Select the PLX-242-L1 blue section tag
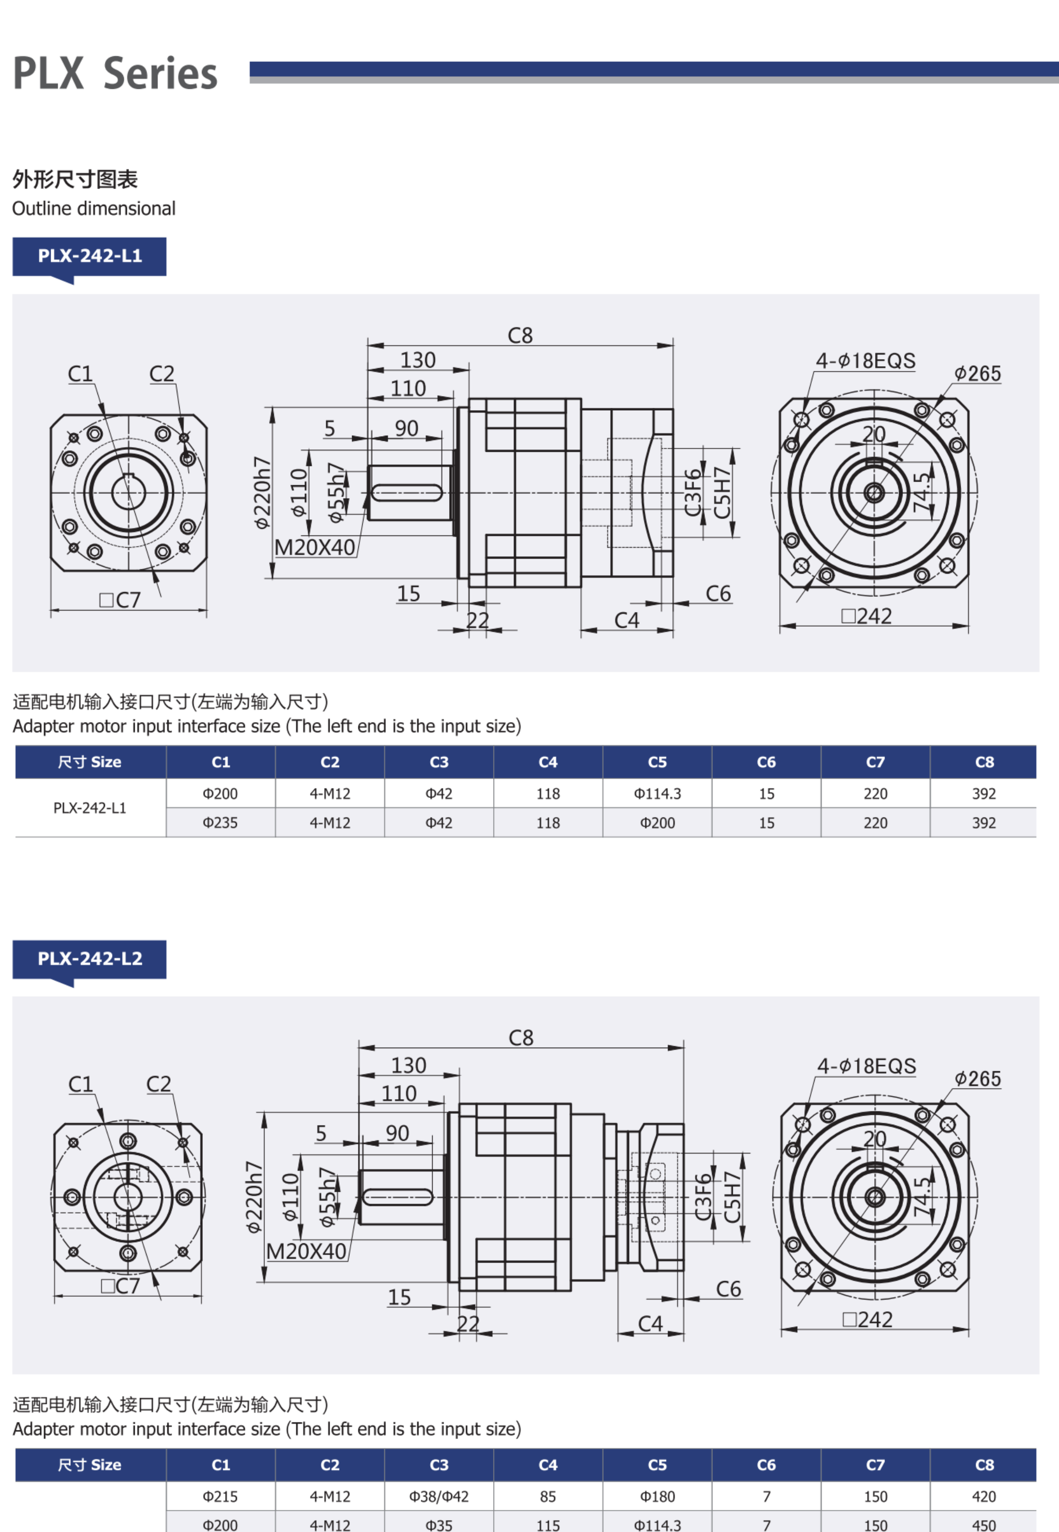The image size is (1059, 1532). click(x=89, y=256)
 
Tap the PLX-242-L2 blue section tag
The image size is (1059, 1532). click(x=89, y=959)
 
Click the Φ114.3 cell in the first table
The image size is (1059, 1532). click(x=657, y=794)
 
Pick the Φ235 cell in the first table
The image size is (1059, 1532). click(x=220, y=823)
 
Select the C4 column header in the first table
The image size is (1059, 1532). click(x=548, y=762)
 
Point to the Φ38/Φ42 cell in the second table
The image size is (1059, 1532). click(x=439, y=1497)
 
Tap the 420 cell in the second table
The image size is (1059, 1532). click(x=983, y=1497)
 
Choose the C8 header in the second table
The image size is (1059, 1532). click(x=983, y=1465)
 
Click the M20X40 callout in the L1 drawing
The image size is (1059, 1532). click(x=314, y=548)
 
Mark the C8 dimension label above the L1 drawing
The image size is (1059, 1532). click(x=520, y=336)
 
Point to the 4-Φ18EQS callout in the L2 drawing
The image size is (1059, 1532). click(x=867, y=1067)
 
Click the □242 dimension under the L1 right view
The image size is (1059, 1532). click(x=867, y=616)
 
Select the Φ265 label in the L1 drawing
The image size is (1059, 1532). click(x=977, y=374)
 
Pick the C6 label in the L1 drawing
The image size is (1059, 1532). click(x=718, y=594)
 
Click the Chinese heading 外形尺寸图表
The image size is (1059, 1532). click(x=75, y=179)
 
